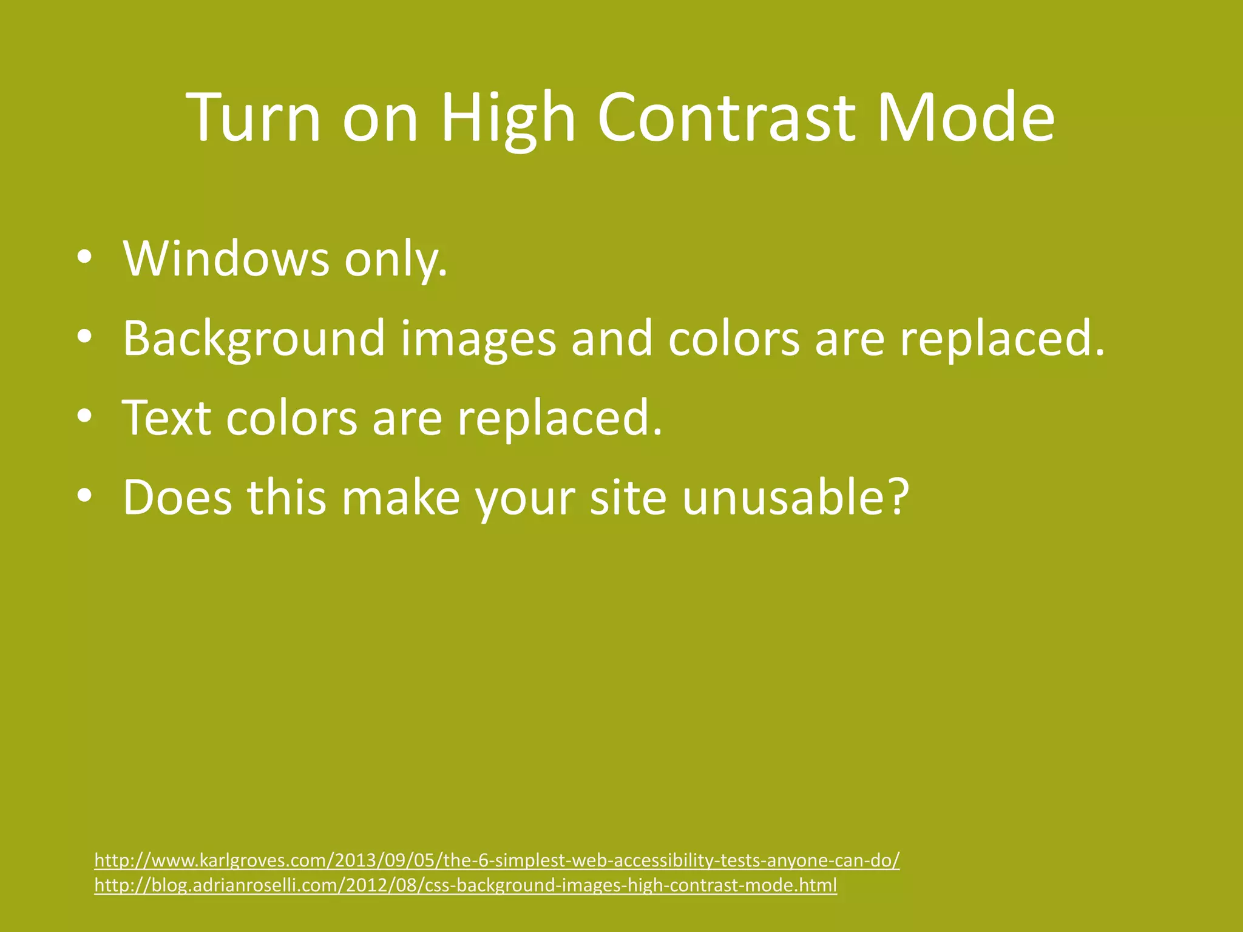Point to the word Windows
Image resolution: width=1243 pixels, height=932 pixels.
click(x=226, y=259)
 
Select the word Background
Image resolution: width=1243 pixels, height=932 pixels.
click(x=254, y=339)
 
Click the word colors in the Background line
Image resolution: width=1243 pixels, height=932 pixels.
click(x=733, y=339)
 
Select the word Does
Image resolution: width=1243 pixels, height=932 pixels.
click(x=177, y=498)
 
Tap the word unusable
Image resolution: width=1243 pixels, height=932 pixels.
click(x=795, y=498)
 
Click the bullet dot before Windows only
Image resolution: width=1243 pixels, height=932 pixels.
click(x=84, y=259)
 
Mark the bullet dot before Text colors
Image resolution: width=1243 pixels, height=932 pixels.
click(x=84, y=418)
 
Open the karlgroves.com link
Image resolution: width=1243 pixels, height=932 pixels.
click(x=496, y=860)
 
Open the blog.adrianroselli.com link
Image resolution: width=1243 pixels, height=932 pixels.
click(x=466, y=885)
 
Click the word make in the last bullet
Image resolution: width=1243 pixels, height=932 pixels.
click(x=400, y=498)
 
